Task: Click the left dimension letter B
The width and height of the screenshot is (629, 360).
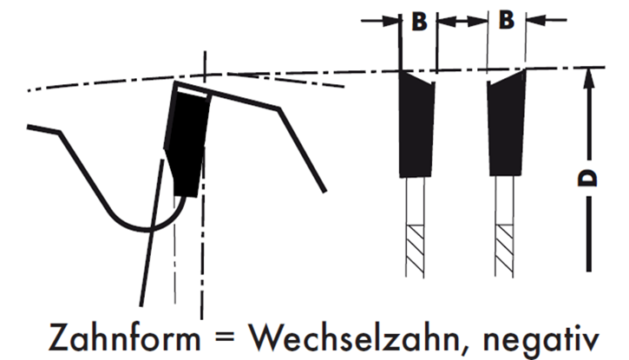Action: [419, 22]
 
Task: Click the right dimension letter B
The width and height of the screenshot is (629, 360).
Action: [507, 22]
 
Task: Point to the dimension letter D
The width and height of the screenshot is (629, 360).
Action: [588, 178]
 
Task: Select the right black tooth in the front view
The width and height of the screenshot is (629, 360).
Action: [506, 126]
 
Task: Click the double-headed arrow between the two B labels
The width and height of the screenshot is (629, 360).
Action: [462, 19]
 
